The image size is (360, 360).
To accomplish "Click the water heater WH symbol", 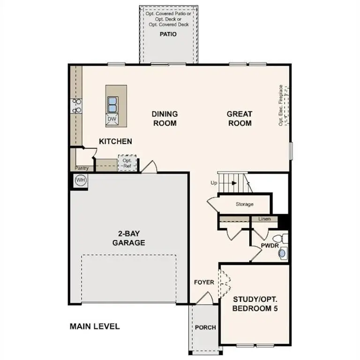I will pos(81,180).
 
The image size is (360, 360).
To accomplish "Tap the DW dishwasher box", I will pos(112,119).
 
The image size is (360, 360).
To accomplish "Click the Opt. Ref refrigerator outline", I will pos(127,163).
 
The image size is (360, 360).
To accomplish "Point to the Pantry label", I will pos(82,168).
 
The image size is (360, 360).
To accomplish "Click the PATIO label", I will pos(168,34).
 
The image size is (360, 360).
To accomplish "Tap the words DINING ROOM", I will pos(165,119).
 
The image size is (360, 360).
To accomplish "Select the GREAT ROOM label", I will pos(240,119).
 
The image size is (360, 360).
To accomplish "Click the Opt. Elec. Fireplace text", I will pos(281,105).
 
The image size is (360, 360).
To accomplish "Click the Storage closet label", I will pos(245,204).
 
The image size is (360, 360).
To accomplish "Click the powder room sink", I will pos(282,254).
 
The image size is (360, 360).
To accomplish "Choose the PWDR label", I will pos(270,245).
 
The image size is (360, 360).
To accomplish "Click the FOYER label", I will pos(204,282).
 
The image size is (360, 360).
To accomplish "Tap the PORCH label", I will pos(205,327).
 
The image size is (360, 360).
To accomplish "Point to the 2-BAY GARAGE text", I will pos(128,239).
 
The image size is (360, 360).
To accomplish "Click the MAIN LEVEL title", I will pos(95,326).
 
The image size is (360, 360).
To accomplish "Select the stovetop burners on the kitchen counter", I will pos(76,105).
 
